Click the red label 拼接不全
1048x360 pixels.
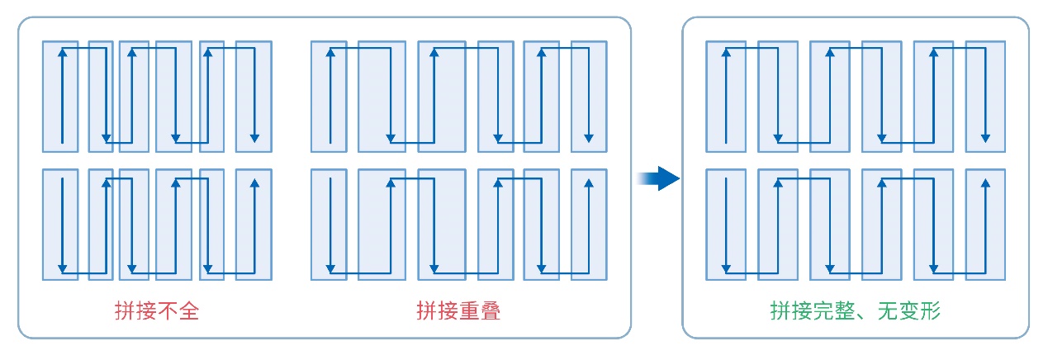click(x=157, y=311)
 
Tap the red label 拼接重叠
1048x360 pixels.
click(x=458, y=311)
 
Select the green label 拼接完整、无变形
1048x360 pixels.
click(x=856, y=311)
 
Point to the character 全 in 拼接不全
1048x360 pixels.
click(x=189, y=311)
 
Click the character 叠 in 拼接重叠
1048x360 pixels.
click(x=491, y=311)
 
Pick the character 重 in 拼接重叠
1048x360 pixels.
click(x=469, y=311)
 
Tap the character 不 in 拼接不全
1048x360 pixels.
click(x=168, y=311)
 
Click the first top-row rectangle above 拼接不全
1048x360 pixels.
click(x=60, y=96)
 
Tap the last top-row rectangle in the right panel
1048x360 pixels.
click(x=985, y=96)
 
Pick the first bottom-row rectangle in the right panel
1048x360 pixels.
click(x=726, y=224)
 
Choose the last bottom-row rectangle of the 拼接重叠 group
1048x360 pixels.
click(x=589, y=224)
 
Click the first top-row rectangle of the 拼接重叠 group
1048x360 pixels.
click(x=330, y=96)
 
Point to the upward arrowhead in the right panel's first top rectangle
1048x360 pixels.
click(x=726, y=52)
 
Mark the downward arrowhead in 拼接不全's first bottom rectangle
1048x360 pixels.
click(x=61, y=268)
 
